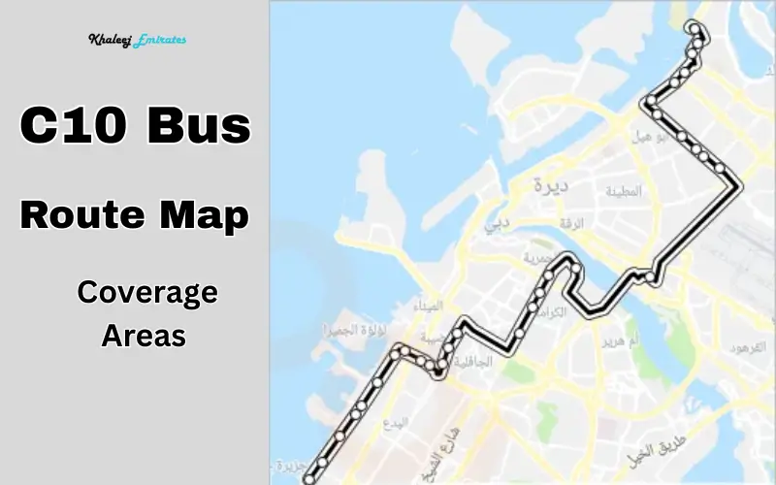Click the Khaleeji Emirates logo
pos(137,41)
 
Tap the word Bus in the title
pos(200,127)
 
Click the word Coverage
pos(147,292)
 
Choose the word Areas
pos(144,336)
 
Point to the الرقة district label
pos(573,223)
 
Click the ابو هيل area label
pos(652,138)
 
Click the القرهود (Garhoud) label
pos(747,346)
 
